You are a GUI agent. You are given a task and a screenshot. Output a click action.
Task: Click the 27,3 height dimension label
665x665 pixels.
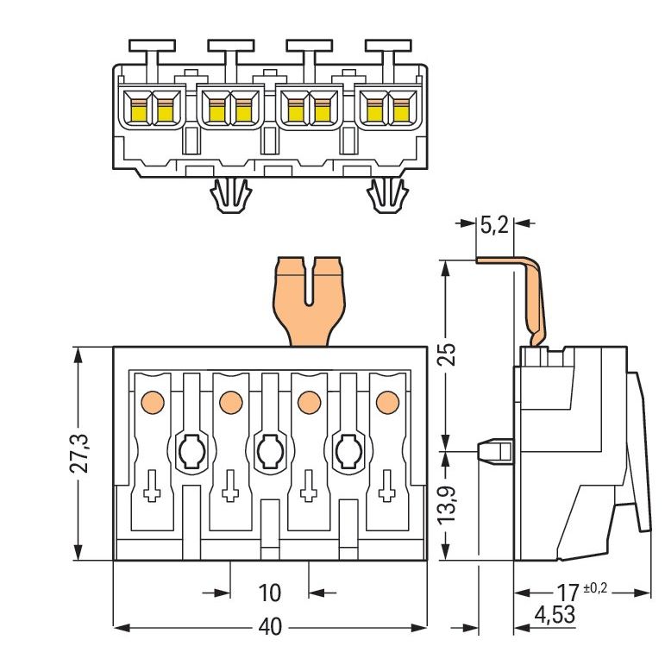click(78, 454)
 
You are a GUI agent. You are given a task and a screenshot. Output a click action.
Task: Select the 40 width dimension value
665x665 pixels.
click(270, 627)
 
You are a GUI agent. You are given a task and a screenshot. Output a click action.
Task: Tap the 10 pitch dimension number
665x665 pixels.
click(269, 593)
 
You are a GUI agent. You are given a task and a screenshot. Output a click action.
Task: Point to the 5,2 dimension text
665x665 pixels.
click(494, 225)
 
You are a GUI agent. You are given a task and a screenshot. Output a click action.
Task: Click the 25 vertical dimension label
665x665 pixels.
click(447, 354)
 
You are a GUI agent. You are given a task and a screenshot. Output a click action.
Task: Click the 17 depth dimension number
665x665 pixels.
click(568, 593)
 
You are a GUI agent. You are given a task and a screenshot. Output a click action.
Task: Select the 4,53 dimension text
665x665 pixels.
click(555, 614)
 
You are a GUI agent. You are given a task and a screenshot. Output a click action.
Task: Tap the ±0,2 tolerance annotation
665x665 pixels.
click(595, 588)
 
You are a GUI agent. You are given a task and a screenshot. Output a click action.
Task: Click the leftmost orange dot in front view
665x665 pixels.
click(153, 402)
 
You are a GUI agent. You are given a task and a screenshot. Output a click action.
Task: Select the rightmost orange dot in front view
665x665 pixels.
click(387, 402)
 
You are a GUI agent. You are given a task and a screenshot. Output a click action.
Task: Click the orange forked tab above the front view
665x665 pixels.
click(309, 301)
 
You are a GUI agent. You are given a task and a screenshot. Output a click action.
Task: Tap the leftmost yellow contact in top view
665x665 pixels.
click(138, 113)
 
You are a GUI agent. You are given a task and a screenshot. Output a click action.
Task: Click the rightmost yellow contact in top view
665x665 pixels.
click(401, 113)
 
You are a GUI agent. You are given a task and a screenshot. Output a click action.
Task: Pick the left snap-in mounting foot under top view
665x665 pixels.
click(231, 195)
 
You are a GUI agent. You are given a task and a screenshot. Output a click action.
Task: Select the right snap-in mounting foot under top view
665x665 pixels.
click(388, 195)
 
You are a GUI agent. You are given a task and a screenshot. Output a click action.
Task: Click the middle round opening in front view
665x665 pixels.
click(270, 451)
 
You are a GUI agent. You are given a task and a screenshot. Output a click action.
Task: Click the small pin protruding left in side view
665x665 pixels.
click(496, 451)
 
